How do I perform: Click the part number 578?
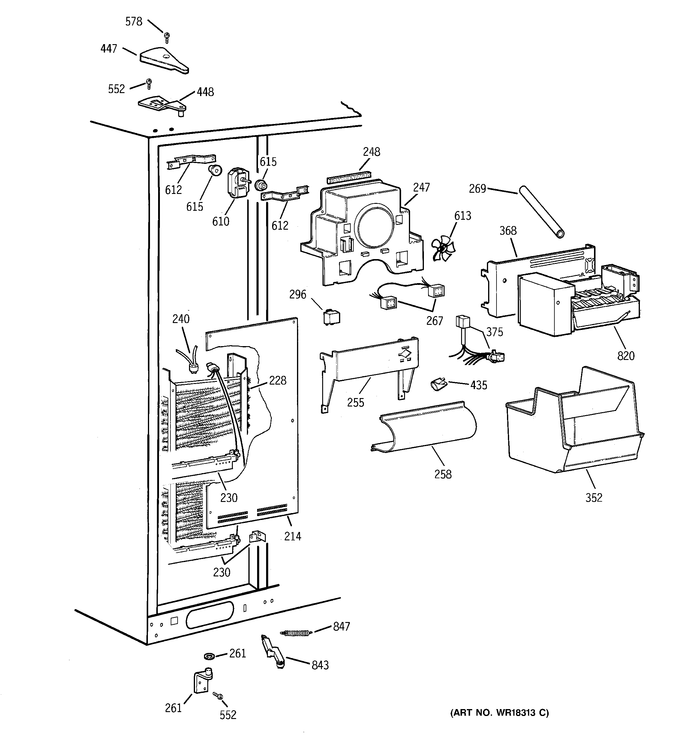point(134,22)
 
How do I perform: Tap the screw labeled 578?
point(166,37)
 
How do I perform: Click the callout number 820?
point(626,355)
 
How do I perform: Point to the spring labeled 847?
point(295,632)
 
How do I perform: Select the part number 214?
point(292,536)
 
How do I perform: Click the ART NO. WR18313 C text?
point(499,713)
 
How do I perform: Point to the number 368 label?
point(508,231)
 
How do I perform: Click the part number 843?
point(320,665)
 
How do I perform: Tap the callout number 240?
point(181,319)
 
